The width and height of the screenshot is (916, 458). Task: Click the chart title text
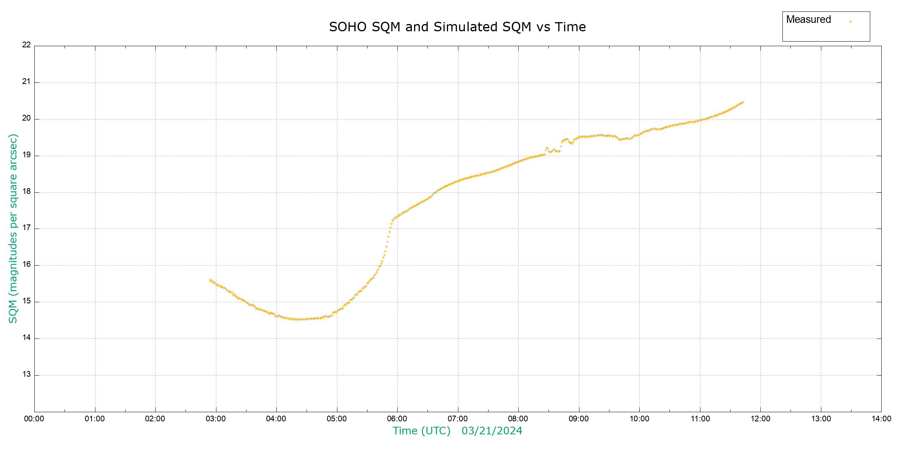[457, 27]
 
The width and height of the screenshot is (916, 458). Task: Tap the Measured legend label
[808, 19]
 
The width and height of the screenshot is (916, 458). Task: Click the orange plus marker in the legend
[850, 21]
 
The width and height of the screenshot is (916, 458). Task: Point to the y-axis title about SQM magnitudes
[13, 228]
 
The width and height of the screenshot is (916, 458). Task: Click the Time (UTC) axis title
[421, 431]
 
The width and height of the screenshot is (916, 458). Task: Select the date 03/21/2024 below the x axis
[492, 431]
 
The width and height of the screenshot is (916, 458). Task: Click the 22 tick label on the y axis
[26, 45]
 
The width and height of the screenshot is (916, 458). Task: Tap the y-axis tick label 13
[26, 374]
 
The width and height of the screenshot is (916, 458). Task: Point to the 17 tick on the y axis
[26, 228]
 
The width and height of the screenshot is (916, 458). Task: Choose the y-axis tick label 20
[26, 118]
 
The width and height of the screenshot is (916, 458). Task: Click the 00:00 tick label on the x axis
[34, 419]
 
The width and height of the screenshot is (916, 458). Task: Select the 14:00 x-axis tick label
[881, 419]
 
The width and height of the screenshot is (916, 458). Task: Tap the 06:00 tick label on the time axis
[397, 419]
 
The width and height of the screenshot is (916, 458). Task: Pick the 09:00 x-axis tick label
[579, 419]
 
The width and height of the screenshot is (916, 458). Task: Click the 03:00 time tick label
[216, 419]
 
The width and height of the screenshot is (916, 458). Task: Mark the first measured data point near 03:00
[210, 280]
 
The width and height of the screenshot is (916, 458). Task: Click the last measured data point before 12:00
[743, 102]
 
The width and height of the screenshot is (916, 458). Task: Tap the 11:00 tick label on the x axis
[700, 419]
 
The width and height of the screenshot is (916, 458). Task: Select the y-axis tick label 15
[26, 301]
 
